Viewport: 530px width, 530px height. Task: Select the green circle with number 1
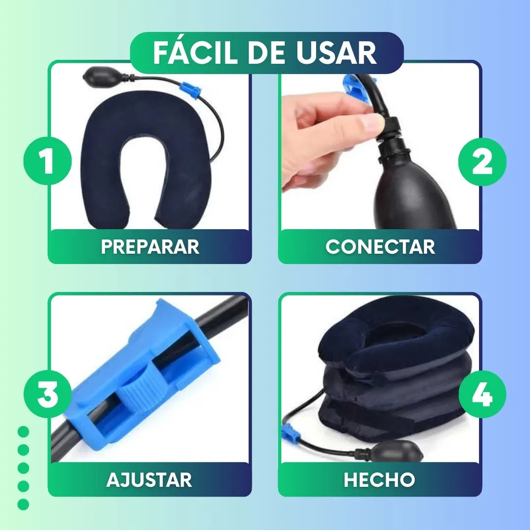tap(48, 161)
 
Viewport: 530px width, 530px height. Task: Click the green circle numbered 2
tap(482, 161)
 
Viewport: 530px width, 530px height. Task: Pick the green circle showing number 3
tap(48, 395)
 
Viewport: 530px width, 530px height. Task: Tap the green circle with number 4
tap(482, 395)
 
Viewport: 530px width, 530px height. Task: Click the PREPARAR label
tap(150, 247)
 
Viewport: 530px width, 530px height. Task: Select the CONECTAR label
tap(380, 247)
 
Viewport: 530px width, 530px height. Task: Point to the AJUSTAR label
tap(149, 479)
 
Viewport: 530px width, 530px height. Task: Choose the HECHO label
tap(379, 479)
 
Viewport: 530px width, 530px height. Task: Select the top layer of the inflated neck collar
tap(397, 339)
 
